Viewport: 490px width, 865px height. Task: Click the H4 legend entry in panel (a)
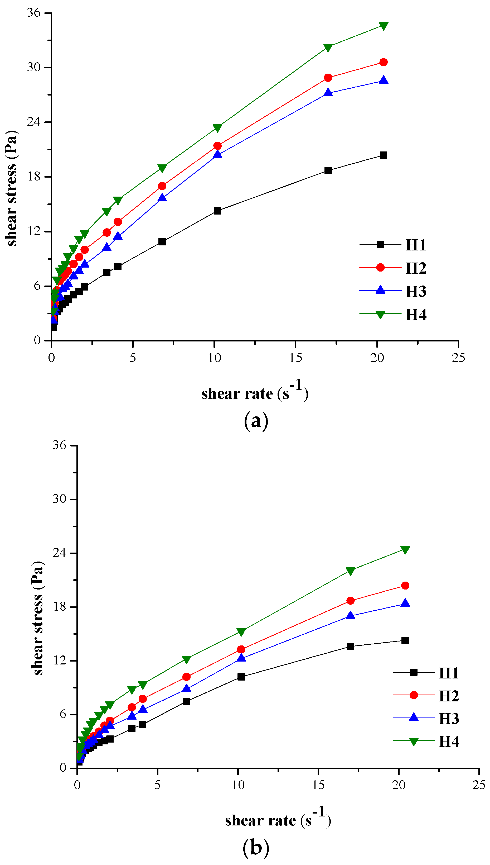click(416, 315)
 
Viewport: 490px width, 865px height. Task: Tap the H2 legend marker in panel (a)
click(380, 268)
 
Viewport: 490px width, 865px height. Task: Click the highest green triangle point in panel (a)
click(383, 26)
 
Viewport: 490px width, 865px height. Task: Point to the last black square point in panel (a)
click(383, 155)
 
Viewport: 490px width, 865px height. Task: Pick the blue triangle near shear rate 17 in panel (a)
click(328, 93)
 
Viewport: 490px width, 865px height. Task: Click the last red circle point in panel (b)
click(405, 586)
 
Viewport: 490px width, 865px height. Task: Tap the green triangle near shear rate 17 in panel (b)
click(350, 571)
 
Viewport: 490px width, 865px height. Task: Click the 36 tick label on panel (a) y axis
click(34, 13)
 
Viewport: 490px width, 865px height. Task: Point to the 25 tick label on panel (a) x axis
click(458, 358)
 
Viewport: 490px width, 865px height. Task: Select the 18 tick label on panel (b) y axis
click(59, 607)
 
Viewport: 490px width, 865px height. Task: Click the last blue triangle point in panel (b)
click(405, 603)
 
